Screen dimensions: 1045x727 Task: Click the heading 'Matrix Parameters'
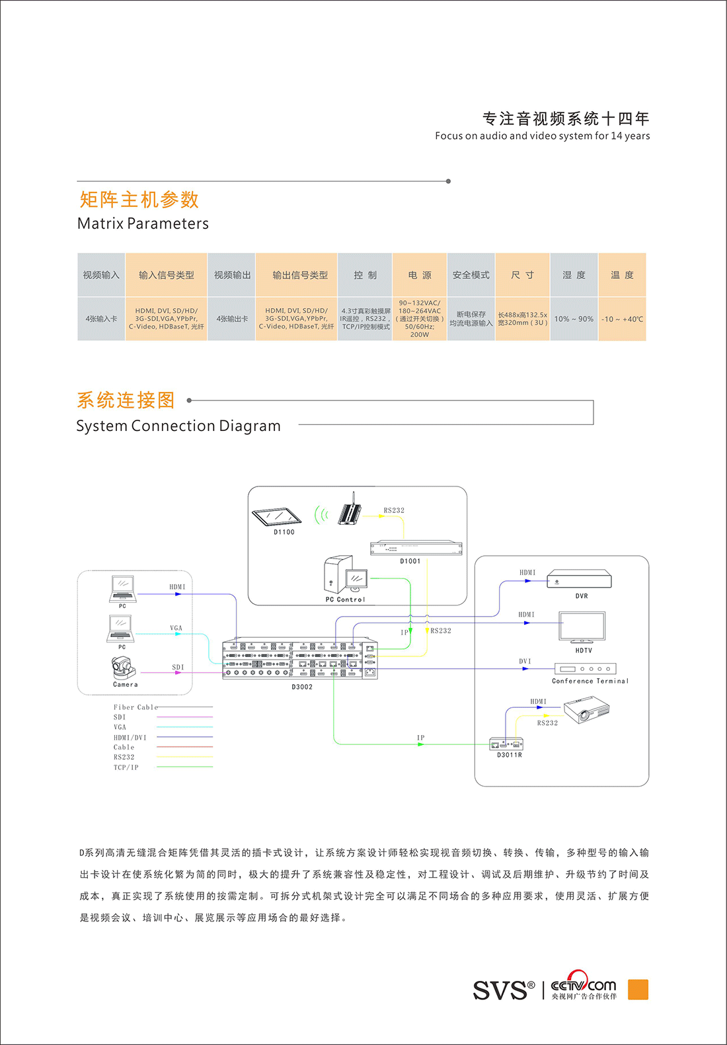(143, 223)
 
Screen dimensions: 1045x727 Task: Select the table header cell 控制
(365, 275)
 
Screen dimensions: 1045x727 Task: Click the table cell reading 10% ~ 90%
(574, 319)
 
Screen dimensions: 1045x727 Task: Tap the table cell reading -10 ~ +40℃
(622, 319)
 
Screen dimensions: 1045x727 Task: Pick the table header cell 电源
(420, 275)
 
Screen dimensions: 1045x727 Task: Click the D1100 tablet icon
(276, 516)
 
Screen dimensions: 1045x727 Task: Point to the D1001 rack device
(416, 548)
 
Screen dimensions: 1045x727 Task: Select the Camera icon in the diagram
(124, 668)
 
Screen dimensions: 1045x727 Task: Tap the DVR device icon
(579, 580)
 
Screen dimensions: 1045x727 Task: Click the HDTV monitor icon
(582, 627)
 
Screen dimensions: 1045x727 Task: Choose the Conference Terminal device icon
(585, 669)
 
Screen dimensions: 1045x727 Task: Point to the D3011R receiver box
(506, 744)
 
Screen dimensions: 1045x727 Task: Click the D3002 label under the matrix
(302, 687)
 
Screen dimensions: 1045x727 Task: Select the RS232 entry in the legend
(124, 757)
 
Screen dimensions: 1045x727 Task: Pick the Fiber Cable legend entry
(135, 707)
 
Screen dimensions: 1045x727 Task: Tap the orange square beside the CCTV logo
(638, 989)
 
